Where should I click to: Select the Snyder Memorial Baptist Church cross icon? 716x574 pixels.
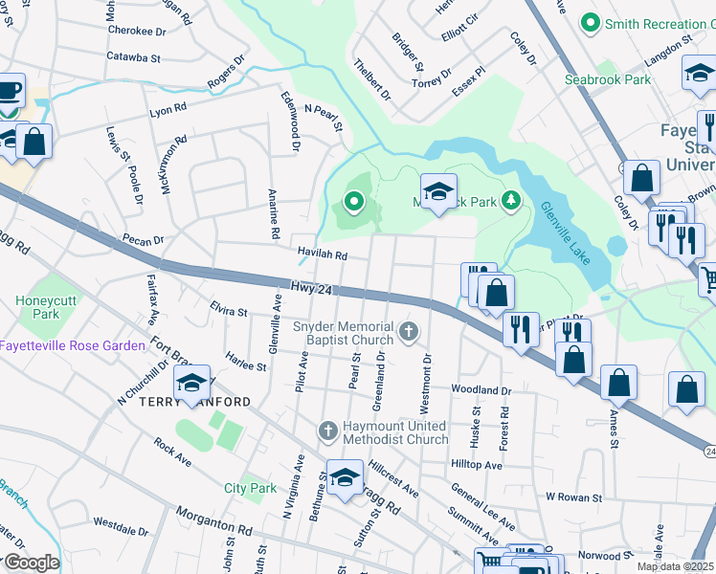click(x=409, y=331)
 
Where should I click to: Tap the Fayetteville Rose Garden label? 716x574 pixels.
click(x=73, y=345)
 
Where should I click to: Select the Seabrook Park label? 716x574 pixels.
click(x=606, y=79)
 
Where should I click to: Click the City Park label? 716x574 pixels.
click(x=251, y=488)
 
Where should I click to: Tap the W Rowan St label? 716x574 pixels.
click(x=573, y=497)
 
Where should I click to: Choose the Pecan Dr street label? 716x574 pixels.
click(x=143, y=240)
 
